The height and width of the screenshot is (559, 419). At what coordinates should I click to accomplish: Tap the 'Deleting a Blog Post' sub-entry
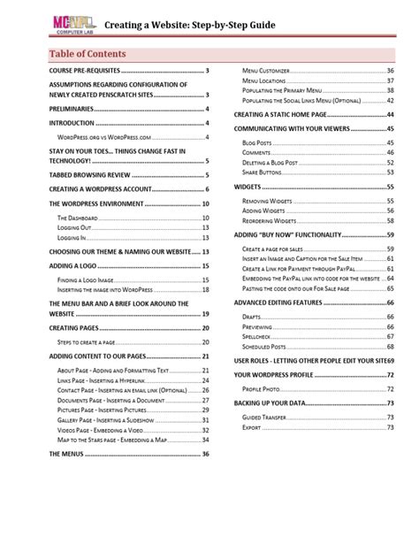click(279, 163)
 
